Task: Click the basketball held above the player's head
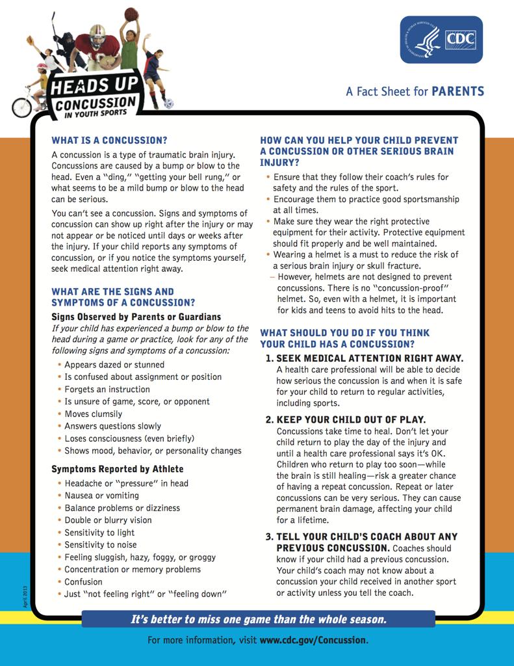(x=131, y=14)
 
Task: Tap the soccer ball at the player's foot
(x=168, y=103)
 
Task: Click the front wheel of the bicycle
(x=21, y=107)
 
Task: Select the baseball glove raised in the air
(x=30, y=40)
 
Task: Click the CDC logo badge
(x=441, y=40)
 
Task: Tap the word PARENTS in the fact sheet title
(x=458, y=91)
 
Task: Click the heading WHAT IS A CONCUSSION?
(x=109, y=140)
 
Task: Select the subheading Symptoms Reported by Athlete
(x=118, y=469)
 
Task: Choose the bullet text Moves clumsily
(x=93, y=414)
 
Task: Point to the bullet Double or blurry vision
(x=108, y=520)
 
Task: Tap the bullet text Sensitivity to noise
(x=101, y=545)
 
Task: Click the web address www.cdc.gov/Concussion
(x=313, y=640)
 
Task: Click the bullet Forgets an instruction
(x=107, y=389)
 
